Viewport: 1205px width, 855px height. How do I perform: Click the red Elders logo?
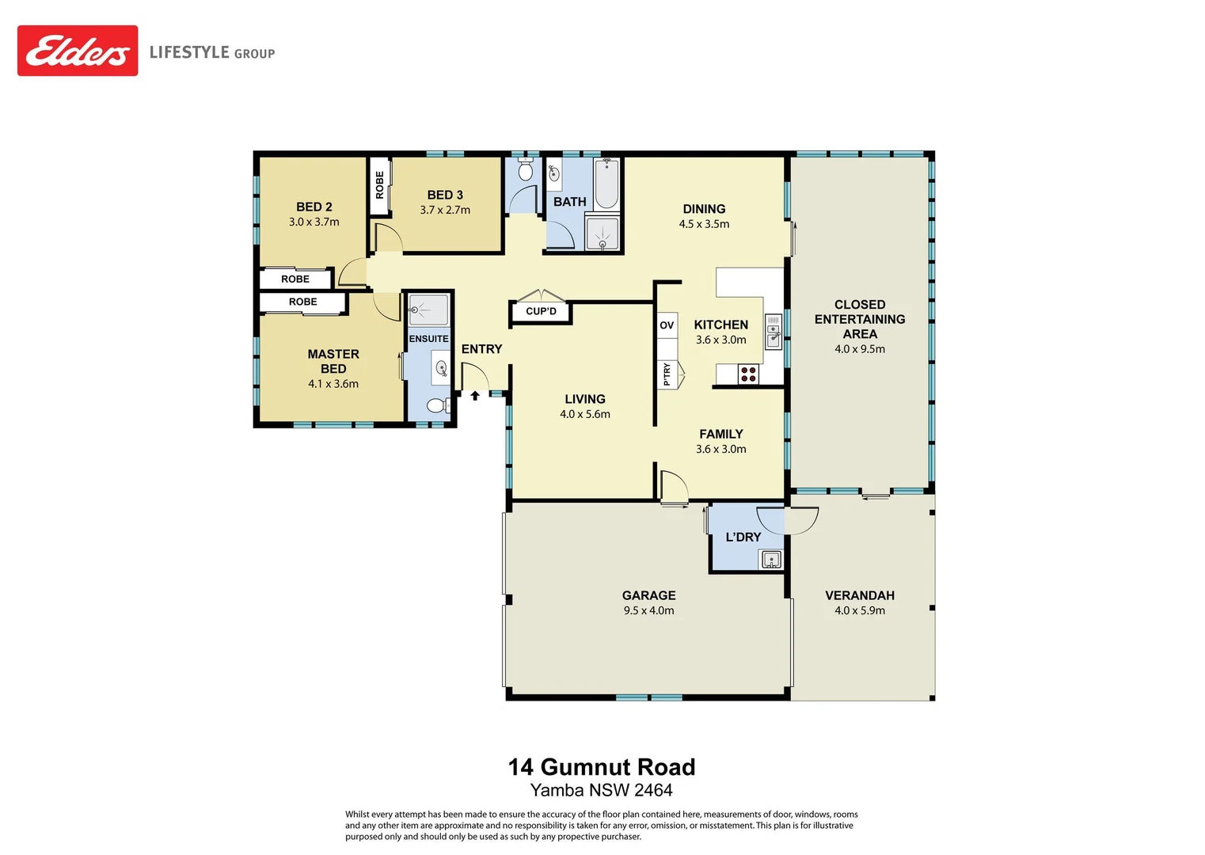point(78,51)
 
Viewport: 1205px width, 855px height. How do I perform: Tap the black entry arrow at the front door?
point(475,395)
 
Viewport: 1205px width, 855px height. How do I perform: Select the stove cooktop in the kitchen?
point(748,374)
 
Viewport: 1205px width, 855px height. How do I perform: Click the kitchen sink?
point(773,332)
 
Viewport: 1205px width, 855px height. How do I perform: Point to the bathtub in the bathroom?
point(607,184)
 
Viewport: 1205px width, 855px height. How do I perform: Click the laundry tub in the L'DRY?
point(770,560)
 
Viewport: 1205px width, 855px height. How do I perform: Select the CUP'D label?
point(541,311)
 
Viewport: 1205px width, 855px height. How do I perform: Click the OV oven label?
point(667,325)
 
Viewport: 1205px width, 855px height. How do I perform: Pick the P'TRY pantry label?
point(667,374)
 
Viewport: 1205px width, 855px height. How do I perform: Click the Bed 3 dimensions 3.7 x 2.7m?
point(445,210)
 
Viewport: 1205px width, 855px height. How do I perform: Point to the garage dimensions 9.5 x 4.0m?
point(648,610)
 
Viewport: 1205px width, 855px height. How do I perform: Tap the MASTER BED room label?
point(333,361)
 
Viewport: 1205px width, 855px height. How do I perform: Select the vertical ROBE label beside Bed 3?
point(380,184)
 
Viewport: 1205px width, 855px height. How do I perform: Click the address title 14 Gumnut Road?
point(602,766)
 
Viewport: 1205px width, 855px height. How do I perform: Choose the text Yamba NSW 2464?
point(602,790)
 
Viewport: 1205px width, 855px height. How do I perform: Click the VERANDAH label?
point(860,595)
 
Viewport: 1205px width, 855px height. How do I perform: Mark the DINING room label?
point(704,209)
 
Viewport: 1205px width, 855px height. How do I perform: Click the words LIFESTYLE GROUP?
point(212,52)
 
